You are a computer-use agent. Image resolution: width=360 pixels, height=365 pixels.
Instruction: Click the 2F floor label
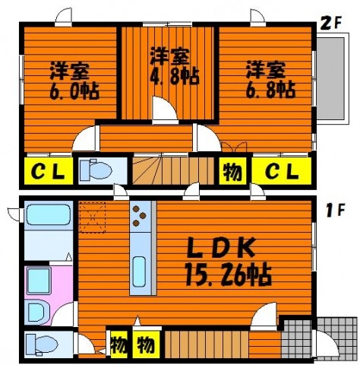[x=331, y=24]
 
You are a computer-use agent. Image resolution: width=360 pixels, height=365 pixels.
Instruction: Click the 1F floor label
[x=335, y=211]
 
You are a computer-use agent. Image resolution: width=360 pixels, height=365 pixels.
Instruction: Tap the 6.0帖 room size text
[x=74, y=90]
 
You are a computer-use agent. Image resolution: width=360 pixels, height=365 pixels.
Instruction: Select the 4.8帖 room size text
[x=175, y=75]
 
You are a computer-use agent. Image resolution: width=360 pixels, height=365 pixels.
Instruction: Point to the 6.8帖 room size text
[x=270, y=89]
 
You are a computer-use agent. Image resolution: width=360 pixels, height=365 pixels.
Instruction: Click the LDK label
[x=221, y=247]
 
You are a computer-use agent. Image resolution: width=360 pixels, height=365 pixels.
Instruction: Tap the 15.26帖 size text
[x=229, y=275]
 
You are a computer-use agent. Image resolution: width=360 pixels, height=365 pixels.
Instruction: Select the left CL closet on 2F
[x=49, y=171]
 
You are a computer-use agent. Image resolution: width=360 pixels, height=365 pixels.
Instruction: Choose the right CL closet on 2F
[x=282, y=171]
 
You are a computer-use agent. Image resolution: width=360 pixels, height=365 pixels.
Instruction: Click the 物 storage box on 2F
[x=232, y=171]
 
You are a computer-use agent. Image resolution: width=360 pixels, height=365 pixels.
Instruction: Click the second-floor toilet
[x=96, y=170]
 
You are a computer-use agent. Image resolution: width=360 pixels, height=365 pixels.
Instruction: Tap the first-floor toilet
[x=43, y=344]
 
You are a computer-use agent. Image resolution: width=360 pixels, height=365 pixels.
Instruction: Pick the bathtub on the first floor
[x=49, y=214]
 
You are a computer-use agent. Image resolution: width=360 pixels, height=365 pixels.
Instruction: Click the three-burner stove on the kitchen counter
[x=140, y=216]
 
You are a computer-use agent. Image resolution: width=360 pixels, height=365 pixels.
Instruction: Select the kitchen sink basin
[x=139, y=271]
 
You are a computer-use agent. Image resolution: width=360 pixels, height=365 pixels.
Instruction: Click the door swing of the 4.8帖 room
[x=164, y=109]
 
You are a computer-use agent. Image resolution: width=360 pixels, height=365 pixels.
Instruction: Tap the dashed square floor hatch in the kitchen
[x=92, y=217]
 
